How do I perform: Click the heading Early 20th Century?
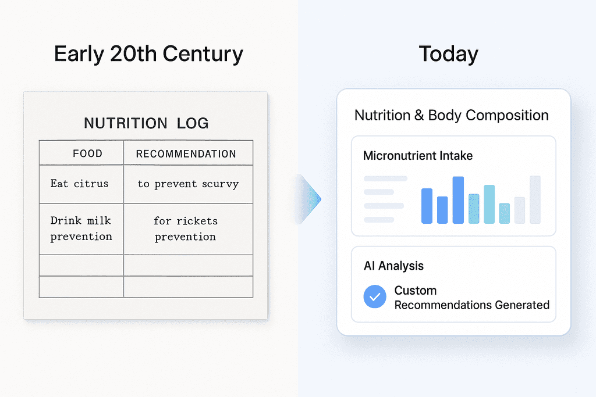pyautogui.click(x=148, y=54)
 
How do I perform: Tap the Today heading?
pyautogui.click(x=449, y=54)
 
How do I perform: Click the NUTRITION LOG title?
pyautogui.click(x=146, y=123)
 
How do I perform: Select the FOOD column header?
pyautogui.click(x=87, y=153)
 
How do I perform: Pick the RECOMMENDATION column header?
pyautogui.click(x=186, y=153)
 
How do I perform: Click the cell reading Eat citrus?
pyautogui.click(x=79, y=184)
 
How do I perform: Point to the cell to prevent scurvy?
pyautogui.click(x=188, y=184)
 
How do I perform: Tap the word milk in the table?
pyautogui.click(x=99, y=220)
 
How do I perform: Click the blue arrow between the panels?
pyautogui.click(x=308, y=199)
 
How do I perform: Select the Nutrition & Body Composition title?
pyautogui.click(x=452, y=115)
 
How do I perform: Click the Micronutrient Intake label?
pyautogui.click(x=418, y=156)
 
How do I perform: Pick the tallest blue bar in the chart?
pyautogui.click(x=458, y=200)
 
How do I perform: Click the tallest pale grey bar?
pyautogui.click(x=535, y=199)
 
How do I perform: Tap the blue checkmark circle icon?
pyautogui.click(x=375, y=296)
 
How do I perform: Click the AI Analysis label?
pyautogui.click(x=393, y=266)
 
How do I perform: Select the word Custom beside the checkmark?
pyautogui.click(x=416, y=291)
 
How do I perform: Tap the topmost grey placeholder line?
pyautogui.click(x=385, y=178)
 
